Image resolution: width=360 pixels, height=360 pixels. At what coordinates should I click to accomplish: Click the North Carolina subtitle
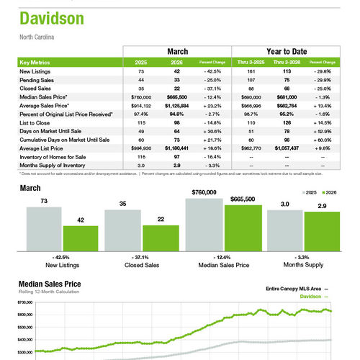click(x=37, y=36)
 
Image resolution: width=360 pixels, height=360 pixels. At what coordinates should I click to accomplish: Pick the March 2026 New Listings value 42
click(x=175, y=72)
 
